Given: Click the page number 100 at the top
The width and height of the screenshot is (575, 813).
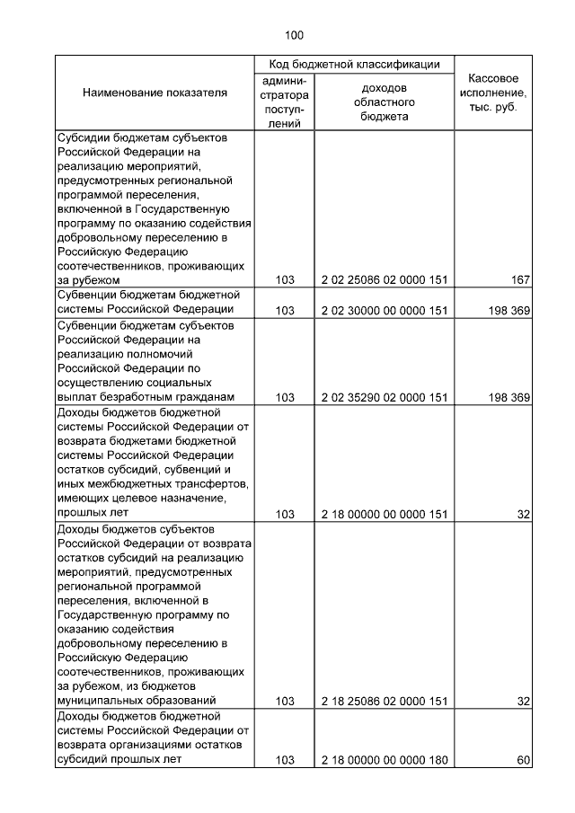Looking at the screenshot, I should click(x=294, y=36).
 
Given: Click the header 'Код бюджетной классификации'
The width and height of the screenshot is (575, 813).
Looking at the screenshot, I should click(x=356, y=65).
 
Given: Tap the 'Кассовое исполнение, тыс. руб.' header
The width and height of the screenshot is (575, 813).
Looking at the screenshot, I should click(x=492, y=93).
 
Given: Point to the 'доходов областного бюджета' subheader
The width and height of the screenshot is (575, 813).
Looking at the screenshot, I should click(x=384, y=102).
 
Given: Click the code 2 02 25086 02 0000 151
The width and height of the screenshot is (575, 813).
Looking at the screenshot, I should click(x=384, y=280).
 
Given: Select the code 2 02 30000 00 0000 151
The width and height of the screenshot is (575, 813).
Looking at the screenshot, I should click(x=384, y=310).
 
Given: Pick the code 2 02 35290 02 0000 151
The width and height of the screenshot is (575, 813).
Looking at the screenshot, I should click(x=384, y=396).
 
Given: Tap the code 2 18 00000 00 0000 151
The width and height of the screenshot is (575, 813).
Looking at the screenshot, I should click(x=384, y=514).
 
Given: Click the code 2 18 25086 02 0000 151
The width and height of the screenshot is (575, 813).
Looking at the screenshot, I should click(x=384, y=701).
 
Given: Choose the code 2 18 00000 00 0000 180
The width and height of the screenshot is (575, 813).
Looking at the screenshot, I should click(x=384, y=759).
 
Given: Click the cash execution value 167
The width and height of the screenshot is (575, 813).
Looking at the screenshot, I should click(x=520, y=280).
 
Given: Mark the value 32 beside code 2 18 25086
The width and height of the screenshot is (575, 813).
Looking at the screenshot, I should click(x=523, y=701).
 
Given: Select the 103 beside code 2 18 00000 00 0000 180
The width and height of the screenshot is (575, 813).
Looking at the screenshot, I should click(x=286, y=759).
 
